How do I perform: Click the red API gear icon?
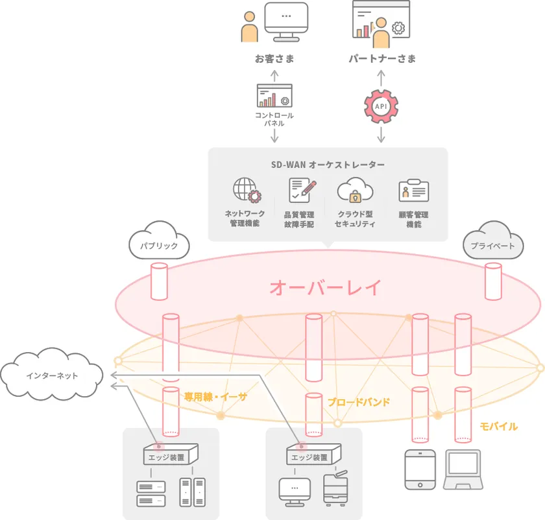[x=381, y=106]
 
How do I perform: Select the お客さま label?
[x=274, y=59]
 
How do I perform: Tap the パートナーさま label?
[x=382, y=59]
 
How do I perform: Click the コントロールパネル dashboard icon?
[x=274, y=96]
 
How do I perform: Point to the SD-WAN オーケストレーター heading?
[x=328, y=165]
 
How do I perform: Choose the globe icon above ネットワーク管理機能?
[x=246, y=191]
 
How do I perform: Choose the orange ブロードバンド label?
[x=359, y=402]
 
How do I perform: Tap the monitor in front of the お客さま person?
[x=286, y=23]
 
